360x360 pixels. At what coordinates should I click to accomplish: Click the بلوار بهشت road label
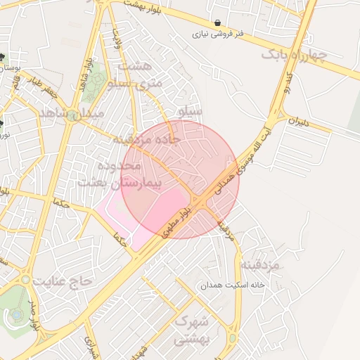(145, 5)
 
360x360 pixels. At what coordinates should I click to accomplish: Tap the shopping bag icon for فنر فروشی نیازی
(217, 22)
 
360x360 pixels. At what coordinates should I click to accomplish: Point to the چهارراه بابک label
(294, 56)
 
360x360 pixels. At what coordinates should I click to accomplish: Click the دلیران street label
(298, 122)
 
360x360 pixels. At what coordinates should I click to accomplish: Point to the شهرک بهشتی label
(191, 330)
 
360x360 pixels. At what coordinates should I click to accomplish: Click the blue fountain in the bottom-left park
(15, 315)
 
